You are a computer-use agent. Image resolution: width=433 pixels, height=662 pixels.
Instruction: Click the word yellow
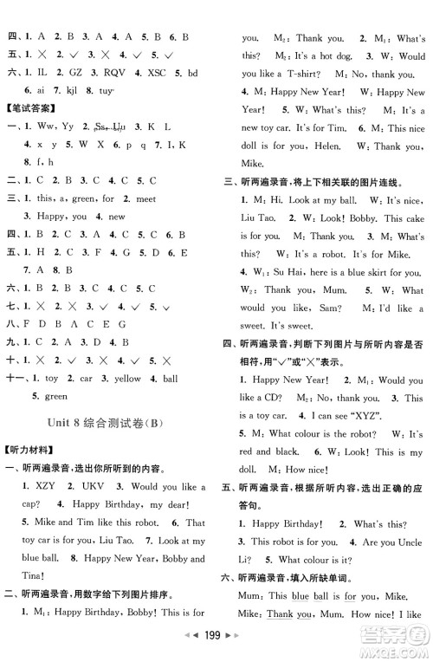click(126, 378)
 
